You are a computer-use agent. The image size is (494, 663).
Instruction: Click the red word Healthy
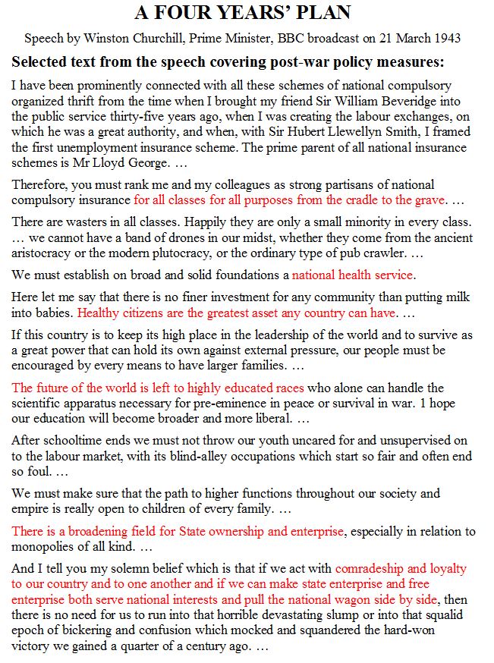99,312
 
